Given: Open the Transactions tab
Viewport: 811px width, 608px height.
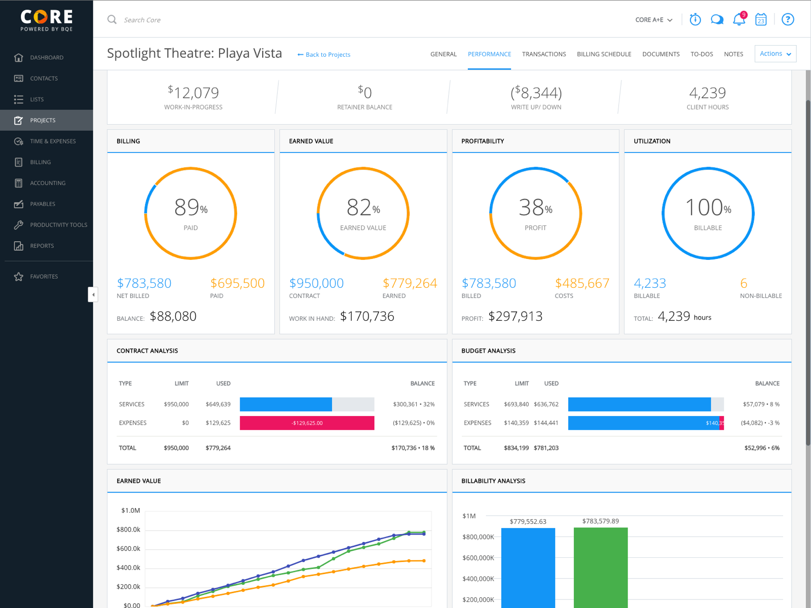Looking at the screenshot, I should [x=544, y=54].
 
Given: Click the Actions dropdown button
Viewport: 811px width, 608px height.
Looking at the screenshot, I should [x=775, y=54].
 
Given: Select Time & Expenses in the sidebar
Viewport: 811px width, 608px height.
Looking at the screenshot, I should [x=53, y=141].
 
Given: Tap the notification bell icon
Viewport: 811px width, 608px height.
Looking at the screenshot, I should [x=739, y=20].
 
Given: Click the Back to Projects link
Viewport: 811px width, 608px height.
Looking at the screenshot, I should [x=324, y=55].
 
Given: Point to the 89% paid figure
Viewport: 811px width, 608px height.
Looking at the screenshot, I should [x=191, y=208].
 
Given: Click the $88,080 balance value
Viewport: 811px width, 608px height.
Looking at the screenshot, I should [x=173, y=317].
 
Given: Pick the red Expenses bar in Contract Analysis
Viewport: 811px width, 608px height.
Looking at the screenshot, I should [x=307, y=423].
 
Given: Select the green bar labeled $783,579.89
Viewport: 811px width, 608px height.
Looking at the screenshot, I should [x=601, y=567].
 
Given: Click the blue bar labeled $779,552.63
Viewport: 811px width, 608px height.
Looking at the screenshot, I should [x=528, y=567].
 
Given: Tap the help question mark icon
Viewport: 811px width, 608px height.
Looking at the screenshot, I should [x=787, y=20].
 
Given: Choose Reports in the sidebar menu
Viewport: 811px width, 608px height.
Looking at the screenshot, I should [x=42, y=246].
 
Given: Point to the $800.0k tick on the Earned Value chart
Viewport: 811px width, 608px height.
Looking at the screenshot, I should [x=128, y=530].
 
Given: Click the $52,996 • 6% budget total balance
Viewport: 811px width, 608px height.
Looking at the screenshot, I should [x=762, y=448].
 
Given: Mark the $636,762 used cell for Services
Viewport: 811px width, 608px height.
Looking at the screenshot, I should [x=546, y=404].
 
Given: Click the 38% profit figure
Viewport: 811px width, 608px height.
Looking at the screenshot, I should [x=535, y=208].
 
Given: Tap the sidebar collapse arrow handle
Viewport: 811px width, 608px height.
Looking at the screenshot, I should [x=93, y=294].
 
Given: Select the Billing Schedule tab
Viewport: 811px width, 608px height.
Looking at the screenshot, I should [x=604, y=54].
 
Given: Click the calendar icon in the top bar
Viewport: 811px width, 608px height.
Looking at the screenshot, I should [x=761, y=20].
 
